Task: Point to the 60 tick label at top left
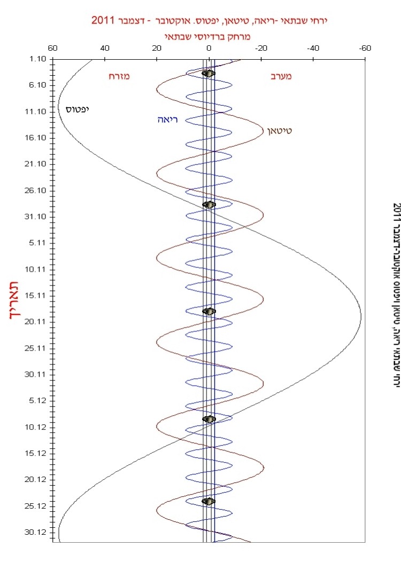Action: pos(52,49)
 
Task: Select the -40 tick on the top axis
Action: pos(313,49)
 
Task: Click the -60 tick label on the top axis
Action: pos(365,49)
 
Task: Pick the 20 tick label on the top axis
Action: pos(157,49)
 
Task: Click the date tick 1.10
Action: pos(39,59)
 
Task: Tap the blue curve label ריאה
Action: pos(167,120)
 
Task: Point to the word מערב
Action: pos(281,76)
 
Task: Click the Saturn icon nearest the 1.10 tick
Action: pos(209,73)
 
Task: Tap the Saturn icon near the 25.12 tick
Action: pos(208,501)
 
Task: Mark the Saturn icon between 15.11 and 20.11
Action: pos(209,311)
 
